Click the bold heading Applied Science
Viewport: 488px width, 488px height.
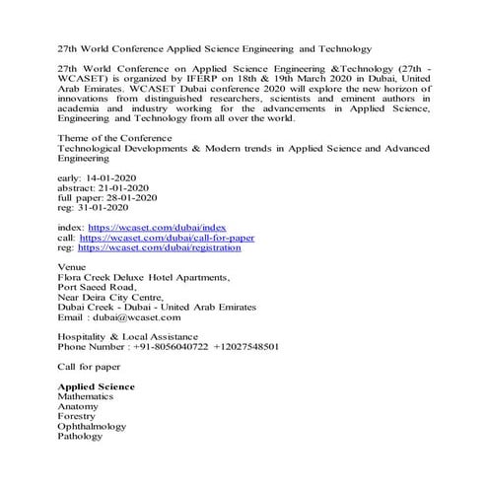97,385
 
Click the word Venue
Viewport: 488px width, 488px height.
72,268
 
